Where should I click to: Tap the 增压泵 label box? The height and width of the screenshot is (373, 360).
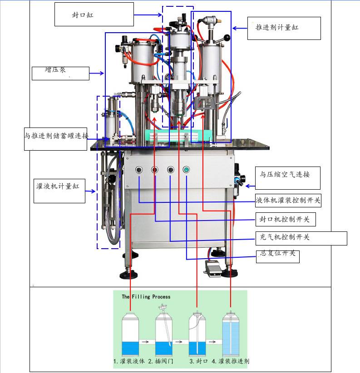[60, 73]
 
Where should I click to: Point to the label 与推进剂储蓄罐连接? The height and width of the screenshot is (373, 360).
[56, 135]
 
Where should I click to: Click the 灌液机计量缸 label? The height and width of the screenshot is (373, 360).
[60, 186]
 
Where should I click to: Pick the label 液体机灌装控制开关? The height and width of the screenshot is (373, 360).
[288, 200]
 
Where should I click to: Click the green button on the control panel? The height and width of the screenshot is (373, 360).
[186, 170]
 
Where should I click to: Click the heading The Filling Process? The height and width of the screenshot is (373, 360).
[146, 297]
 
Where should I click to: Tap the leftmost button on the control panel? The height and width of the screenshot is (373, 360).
[138, 170]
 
